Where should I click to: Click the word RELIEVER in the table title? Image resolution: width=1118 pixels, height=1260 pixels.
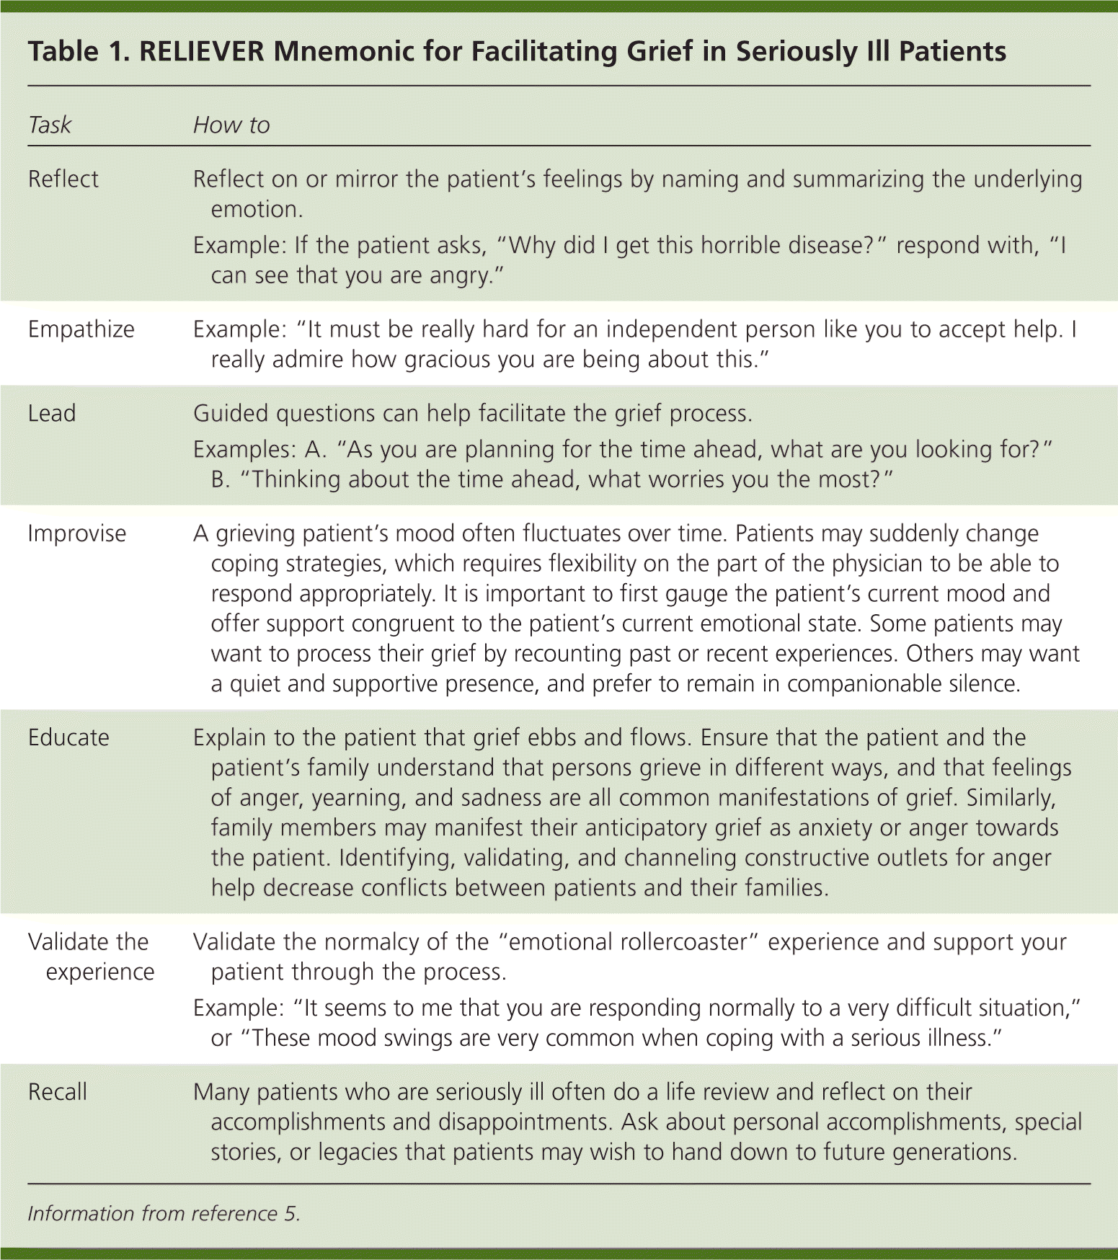coord(202,52)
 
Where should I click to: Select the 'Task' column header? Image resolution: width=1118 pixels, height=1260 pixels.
coord(50,125)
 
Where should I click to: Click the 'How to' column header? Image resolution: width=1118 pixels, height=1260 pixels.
coord(231,125)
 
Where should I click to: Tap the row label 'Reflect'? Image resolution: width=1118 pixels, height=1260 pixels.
coord(63,179)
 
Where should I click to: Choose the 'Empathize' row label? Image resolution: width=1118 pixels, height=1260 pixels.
coord(81,329)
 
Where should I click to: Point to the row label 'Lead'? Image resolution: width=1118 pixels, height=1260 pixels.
coord(52,414)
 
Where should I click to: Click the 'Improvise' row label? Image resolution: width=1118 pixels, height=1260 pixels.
coord(77,533)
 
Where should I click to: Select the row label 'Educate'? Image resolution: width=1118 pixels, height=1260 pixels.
coord(68,738)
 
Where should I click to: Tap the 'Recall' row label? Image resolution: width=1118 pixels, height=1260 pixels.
coord(58,1092)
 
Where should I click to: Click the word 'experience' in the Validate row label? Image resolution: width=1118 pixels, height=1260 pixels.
coord(100,972)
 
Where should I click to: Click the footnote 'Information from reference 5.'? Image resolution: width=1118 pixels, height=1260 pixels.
coord(164,1214)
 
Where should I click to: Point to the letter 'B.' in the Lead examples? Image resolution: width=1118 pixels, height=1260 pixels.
coord(221,480)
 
